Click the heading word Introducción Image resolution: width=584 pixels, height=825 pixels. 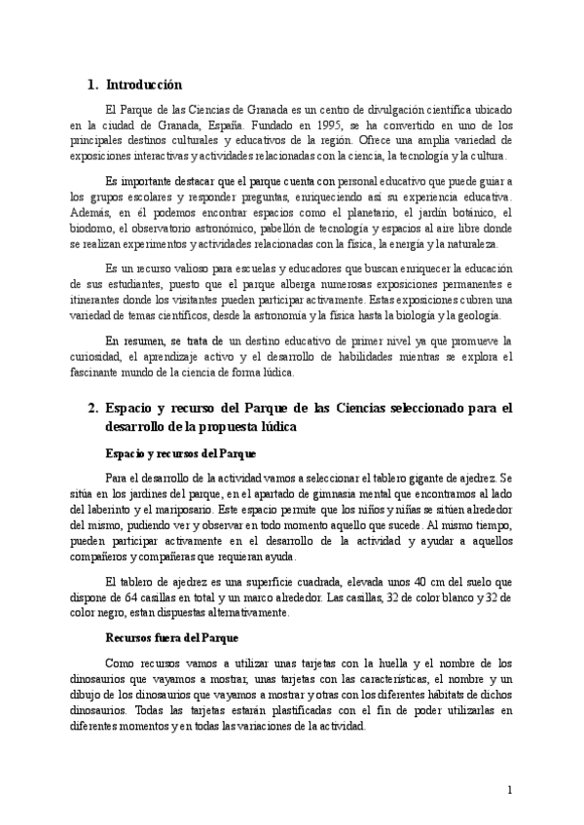143,85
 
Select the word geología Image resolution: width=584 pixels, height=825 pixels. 477,316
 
